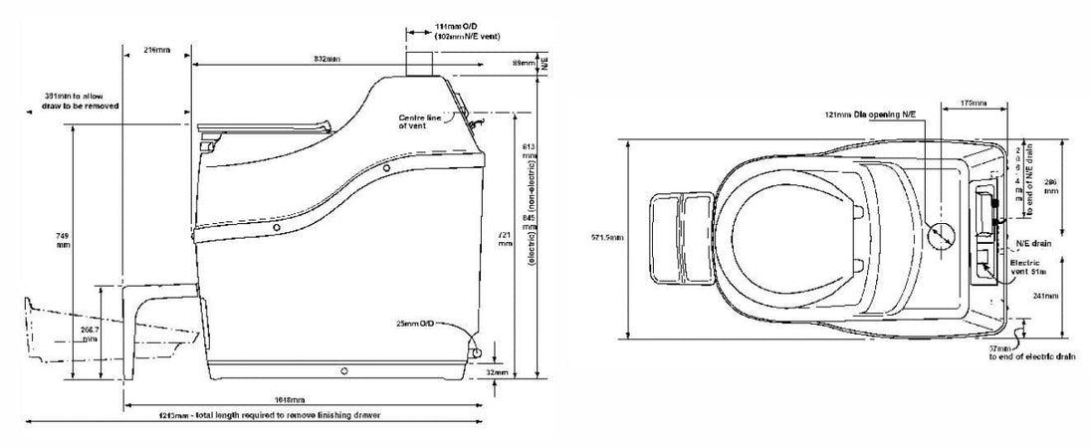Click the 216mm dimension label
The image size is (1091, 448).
(155, 49)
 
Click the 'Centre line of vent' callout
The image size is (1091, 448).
(419, 121)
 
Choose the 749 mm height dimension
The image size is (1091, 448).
(64, 240)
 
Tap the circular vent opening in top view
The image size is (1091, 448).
(942, 235)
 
